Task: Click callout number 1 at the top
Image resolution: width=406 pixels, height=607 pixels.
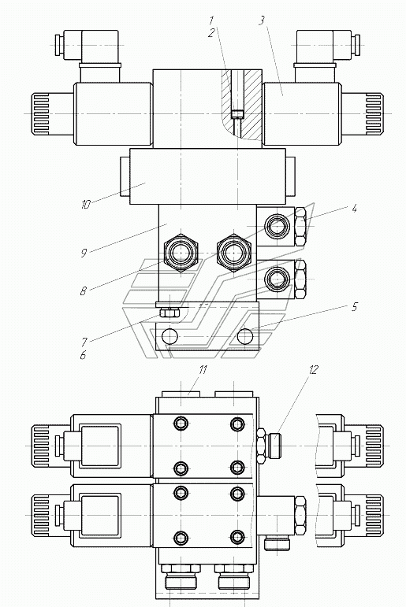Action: pos(212,20)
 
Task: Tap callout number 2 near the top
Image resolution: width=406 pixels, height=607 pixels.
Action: pos(211,33)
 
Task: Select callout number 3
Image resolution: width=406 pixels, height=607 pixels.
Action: pos(262,20)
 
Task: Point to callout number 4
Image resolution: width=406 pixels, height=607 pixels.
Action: pos(354,209)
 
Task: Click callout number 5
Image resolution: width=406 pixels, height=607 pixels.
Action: pos(354,307)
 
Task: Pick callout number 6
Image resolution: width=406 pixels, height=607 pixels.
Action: pos(83,355)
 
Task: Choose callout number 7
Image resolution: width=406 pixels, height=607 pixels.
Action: pos(84,342)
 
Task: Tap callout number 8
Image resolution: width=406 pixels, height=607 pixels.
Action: pos(83,291)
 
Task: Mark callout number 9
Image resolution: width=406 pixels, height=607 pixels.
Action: pos(84,253)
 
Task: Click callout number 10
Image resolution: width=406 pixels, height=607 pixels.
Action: pos(86,205)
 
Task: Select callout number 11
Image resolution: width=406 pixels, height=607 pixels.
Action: pos(203,370)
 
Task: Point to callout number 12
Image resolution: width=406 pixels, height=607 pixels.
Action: pos(313,370)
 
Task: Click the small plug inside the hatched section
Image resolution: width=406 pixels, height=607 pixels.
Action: pos(237,114)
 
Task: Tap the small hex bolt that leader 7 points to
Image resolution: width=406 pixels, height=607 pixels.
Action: pos(169,312)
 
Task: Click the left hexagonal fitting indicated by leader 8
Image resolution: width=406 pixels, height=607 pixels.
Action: pos(181,254)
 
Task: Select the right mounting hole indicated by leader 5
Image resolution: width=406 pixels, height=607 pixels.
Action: pos(245,336)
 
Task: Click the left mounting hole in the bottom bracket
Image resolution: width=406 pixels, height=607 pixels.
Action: pos(169,336)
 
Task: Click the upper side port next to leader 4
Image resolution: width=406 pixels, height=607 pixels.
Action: pos(277,226)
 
